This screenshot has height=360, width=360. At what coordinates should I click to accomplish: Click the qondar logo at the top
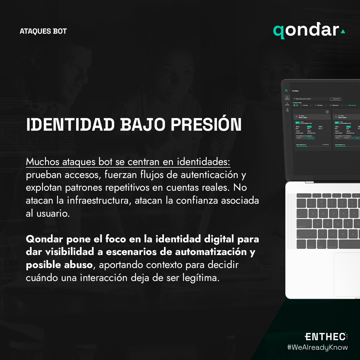click(x=306, y=31)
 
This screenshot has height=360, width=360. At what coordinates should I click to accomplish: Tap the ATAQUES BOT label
click(x=43, y=31)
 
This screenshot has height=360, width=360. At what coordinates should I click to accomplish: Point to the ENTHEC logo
click(x=326, y=336)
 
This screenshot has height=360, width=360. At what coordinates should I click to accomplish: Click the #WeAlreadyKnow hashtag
click(x=317, y=347)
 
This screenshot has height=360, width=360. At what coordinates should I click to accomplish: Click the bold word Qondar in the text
click(x=44, y=239)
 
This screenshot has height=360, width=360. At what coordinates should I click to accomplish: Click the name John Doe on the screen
click(x=303, y=117)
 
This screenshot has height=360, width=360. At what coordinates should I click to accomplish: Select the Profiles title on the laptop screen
click(x=295, y=91)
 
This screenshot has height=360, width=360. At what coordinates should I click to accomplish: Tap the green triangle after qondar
click(x=343, y=32)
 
